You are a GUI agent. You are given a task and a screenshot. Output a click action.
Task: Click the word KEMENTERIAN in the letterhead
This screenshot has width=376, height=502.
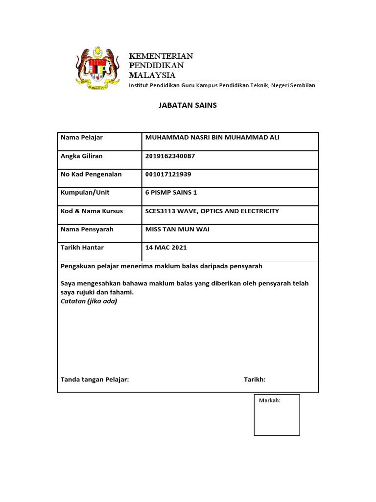[161, 56]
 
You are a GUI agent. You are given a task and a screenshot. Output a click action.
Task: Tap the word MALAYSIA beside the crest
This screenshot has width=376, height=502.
[152, 75]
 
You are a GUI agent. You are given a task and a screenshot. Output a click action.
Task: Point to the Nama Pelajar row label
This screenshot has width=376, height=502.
[82, 138]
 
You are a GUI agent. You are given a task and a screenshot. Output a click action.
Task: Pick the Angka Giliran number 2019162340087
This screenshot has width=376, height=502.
[173, 156]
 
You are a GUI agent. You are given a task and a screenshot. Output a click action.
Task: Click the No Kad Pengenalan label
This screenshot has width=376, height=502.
[91, 174]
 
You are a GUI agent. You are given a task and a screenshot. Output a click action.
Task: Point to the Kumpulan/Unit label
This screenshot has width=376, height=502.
[85, 193]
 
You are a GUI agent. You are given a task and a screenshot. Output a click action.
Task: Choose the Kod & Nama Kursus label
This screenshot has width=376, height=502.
[92, 211]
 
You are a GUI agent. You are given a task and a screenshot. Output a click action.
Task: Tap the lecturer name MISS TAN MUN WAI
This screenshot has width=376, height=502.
[177, 229]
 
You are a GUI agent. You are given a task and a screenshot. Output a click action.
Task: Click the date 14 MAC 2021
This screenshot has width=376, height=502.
[166, 248]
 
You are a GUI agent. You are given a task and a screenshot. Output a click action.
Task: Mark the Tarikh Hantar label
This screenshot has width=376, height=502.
[82, 248]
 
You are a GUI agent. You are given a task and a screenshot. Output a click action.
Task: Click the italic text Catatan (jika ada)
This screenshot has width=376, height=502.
[89, 301]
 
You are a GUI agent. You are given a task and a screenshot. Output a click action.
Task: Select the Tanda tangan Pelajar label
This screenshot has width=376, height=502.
[94, 379]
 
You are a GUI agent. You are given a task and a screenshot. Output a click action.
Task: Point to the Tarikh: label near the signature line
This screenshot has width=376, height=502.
[255, 379]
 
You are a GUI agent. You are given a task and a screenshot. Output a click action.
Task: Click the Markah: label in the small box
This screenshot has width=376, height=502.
[269, 401]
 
